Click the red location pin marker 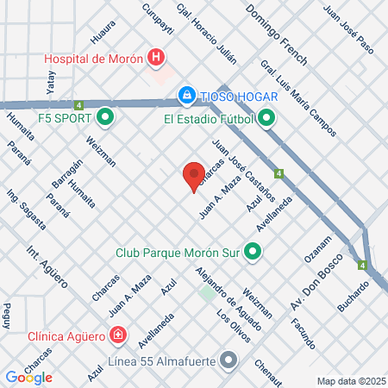(x=193, y=176)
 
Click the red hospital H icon (x=156, y=58)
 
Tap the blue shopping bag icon (x=185, y=94)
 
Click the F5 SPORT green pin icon (x=105, y=115)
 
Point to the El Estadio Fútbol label (x=209, y=119)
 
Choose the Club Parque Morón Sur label (x=179, y=253)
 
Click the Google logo (x=29, y=377)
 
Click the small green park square (x=207, y=293)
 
